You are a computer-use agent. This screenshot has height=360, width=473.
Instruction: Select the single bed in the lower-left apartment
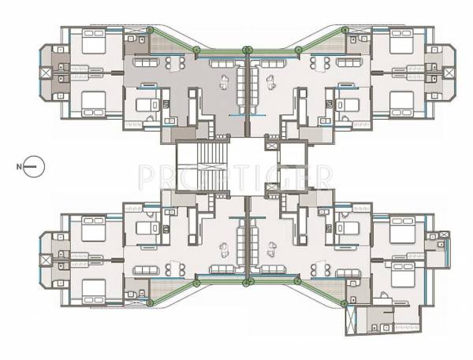[146, 228]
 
